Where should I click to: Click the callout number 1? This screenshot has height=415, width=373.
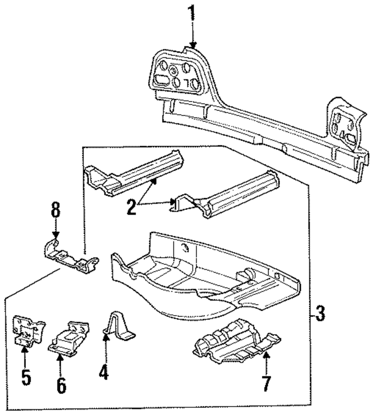tap(191, 13)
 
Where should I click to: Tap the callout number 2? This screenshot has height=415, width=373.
tap(132, 207)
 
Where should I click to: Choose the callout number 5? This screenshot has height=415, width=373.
tap(26, 377)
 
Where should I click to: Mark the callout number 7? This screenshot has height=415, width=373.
tap(266, 383)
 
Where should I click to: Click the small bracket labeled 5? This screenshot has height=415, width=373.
tap(29, 330)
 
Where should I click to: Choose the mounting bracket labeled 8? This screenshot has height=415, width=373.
tap(71, 256)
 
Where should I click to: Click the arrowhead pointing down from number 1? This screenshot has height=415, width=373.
tap(193, 45)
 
